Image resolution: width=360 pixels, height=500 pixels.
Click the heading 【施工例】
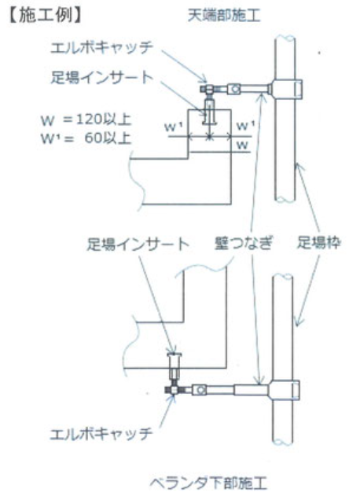[x=44, y=15]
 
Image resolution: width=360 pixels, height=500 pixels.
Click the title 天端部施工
[x=223, y=15]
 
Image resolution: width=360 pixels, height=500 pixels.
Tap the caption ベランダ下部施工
[x=208, y=483]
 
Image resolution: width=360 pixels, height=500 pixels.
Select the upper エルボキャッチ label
[x=102, y=47]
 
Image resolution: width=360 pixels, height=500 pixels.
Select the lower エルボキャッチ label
[x=101, y=434]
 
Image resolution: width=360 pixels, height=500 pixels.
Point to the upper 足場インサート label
[x=102, y=78]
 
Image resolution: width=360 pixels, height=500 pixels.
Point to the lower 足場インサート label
[x=138, y=244]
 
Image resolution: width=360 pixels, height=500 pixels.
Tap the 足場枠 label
[x=319, y=242]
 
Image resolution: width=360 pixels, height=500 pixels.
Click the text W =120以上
[x=86, y=119]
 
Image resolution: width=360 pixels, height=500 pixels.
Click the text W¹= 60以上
[x=86, y=138]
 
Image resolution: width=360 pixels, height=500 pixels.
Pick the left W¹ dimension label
[x=174, y=127]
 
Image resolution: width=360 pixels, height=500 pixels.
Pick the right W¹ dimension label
[x=245, y=126]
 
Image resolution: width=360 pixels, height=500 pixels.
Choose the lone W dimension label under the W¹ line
[x=242, y=145]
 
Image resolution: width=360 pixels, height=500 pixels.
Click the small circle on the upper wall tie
[x=236, y=89]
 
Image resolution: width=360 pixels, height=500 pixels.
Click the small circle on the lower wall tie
[x=200, y=390]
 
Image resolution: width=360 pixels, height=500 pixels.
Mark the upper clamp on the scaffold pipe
[x=286, y=89]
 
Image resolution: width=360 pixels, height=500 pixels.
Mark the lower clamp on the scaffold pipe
[x=284, y=390]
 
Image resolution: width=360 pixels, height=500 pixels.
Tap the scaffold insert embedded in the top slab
[x=209, y=112]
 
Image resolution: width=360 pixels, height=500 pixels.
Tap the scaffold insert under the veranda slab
[x=174, y=364]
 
